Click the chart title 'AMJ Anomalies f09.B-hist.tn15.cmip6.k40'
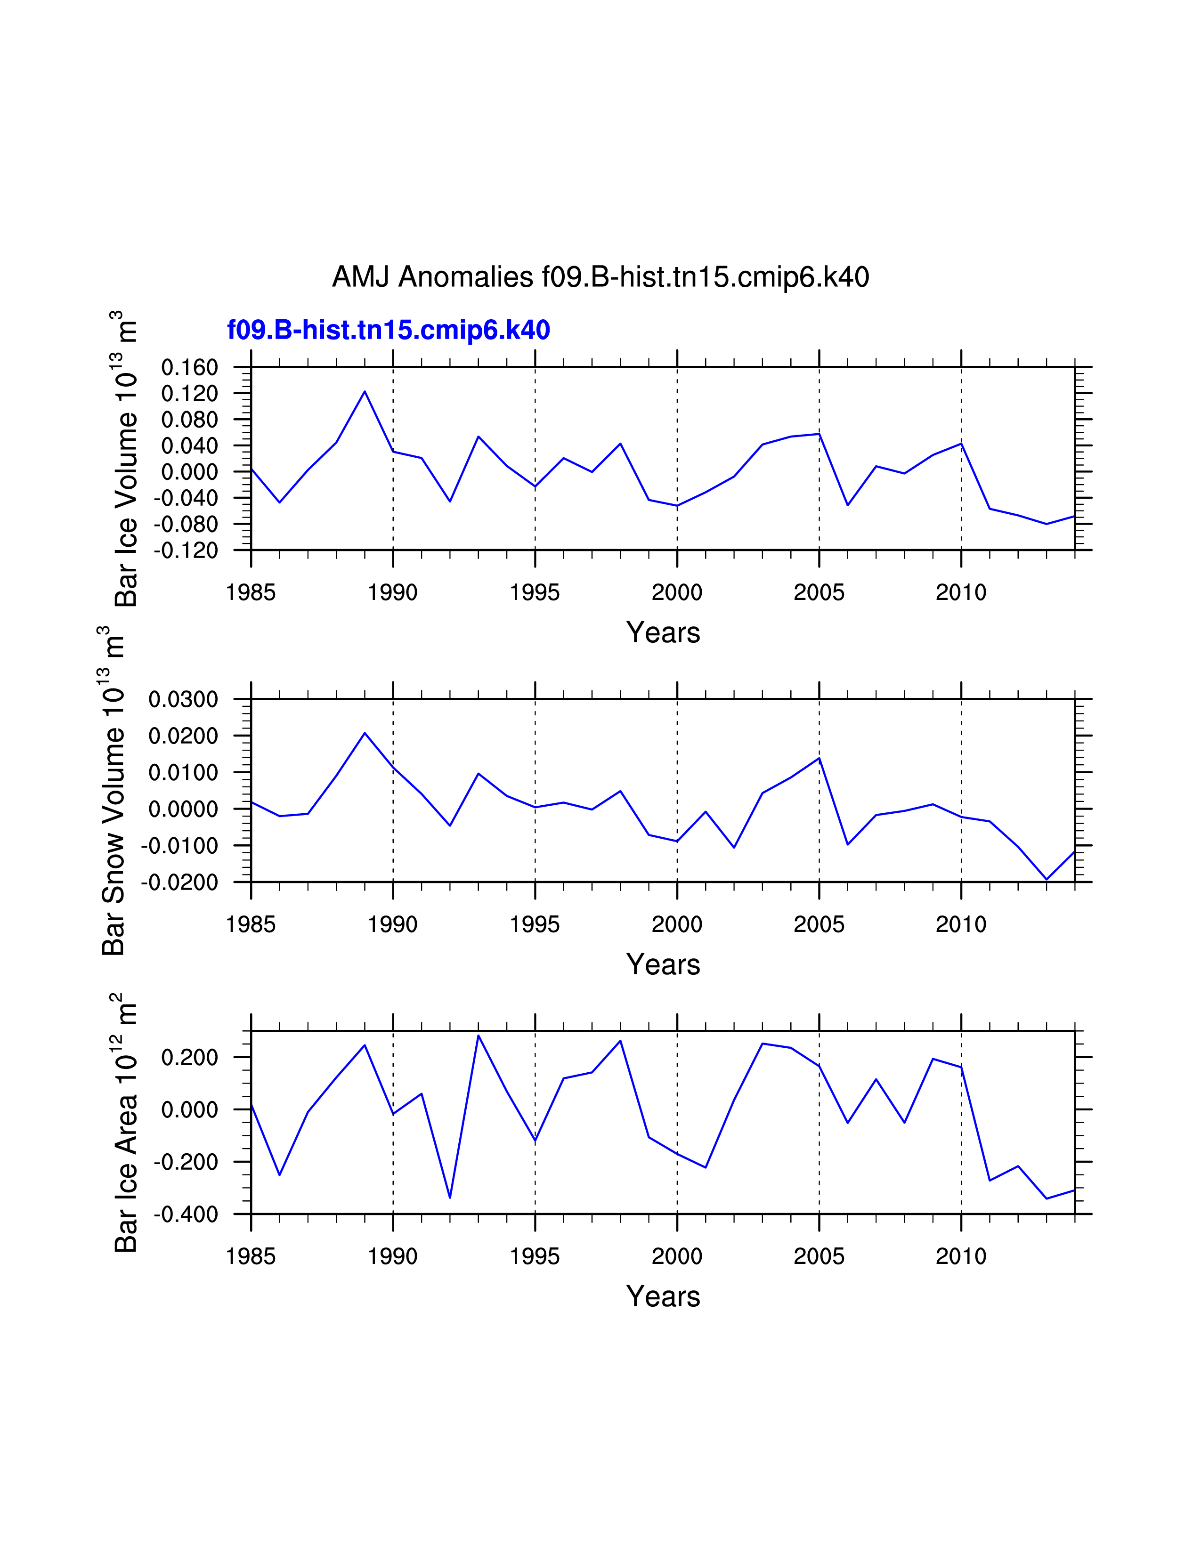[x=600, y=277]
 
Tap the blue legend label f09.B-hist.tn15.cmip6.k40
[x=389, y=330]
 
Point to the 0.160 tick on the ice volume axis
[x=189, y=368]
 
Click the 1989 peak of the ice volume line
[x=365, y=391]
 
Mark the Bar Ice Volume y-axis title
[x=126, y=459]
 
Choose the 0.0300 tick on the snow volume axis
[x=183, y=699]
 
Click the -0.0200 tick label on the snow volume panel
[x=180, y=882]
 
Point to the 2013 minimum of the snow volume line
[x=1047, y=880]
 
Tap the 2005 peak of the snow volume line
[x=819, y=758]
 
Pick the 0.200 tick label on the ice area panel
[x=189, y=1057]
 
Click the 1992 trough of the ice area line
[x=450, y=1198]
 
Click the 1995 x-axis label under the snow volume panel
[x=535, y=925]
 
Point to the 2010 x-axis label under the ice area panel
[x=960, y=1256]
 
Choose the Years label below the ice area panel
[x=663, y=1296]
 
